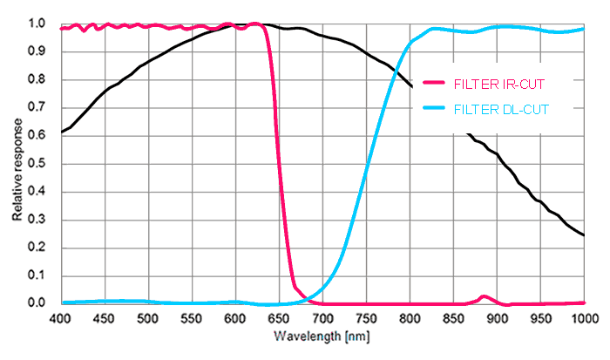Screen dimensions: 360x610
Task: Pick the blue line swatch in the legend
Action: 434,109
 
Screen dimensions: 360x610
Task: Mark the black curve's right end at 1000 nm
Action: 584,235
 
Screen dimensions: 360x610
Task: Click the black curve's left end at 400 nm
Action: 61,132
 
